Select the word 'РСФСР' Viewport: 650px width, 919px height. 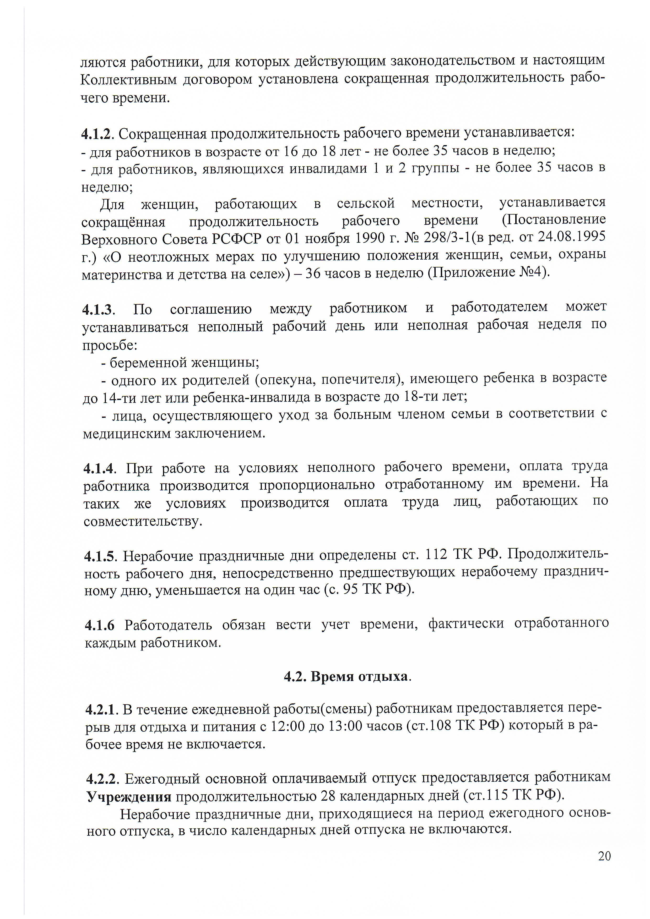coord(237,239)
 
